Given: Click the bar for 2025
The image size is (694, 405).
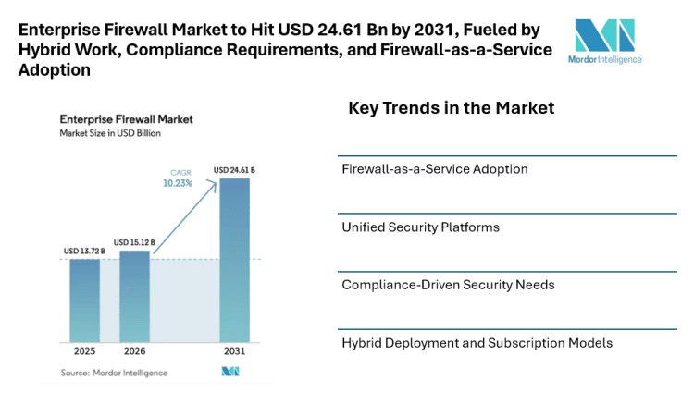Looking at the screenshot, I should (84, 301).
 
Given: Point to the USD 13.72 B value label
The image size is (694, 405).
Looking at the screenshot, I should (84, 252).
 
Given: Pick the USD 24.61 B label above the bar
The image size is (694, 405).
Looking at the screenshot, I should (234, 170).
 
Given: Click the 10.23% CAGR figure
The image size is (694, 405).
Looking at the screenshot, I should (180, 183).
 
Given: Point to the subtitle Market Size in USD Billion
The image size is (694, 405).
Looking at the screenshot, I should (109, 134).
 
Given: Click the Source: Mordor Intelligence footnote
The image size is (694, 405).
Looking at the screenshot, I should (114, 372).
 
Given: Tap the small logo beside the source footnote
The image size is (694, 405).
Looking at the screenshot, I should (230, 372).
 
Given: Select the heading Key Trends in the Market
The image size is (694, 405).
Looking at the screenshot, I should (451, 108).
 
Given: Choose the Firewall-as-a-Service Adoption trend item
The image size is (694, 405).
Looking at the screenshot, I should (435, 169).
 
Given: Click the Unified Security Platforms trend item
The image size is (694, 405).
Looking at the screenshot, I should (420, 227).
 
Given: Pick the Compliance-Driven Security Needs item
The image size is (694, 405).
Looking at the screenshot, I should (448, 284).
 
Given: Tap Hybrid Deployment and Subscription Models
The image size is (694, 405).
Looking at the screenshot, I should (477, 342).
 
